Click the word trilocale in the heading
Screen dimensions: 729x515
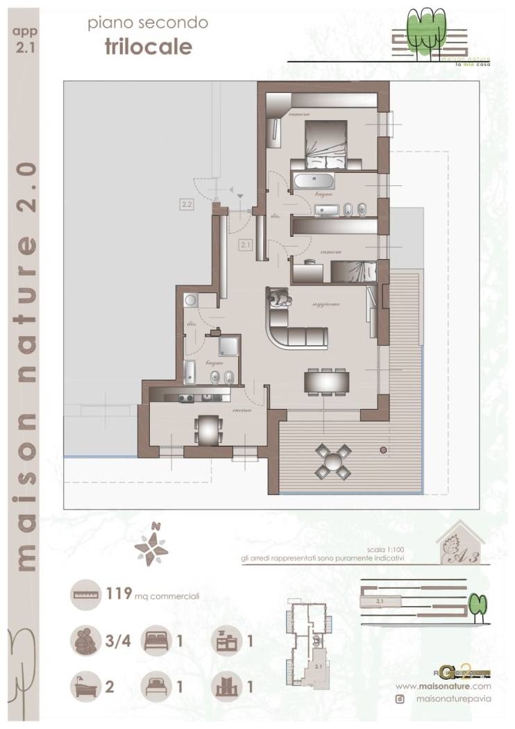click(148, 47)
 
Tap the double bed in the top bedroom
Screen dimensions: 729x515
click(326, 142)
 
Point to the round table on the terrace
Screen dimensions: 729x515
click(334, 460)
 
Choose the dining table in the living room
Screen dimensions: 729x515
click(326, 381)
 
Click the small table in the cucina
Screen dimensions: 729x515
click(208, 428)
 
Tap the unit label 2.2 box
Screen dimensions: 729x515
click(186, 204)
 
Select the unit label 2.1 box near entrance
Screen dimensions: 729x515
click(245, 244)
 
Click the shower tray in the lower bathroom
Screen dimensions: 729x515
click(228, 346)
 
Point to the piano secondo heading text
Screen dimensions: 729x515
click(147, 24)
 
